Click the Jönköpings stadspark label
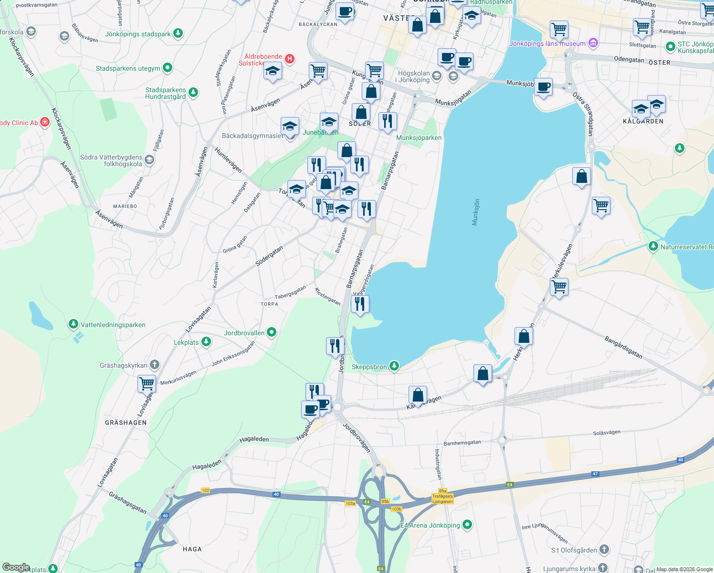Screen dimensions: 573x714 138,34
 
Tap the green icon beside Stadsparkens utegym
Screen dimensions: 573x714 167,68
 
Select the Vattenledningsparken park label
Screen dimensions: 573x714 113,325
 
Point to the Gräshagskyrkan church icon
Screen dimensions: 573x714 154,365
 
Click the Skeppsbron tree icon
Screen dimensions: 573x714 394,366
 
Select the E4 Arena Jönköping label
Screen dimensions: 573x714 430,525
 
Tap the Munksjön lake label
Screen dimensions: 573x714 475,212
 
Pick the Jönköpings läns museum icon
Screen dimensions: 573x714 593,43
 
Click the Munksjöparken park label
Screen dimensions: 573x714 419,138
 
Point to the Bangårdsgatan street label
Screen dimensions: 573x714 623,347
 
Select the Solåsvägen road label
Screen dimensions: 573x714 607,433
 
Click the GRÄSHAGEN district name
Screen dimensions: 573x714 126,423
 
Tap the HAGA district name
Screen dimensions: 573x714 192,549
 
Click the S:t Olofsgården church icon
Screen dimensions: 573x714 604,550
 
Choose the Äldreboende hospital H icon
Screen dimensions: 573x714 289,58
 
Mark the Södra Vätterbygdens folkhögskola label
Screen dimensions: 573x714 111,160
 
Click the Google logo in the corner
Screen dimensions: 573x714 16,567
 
